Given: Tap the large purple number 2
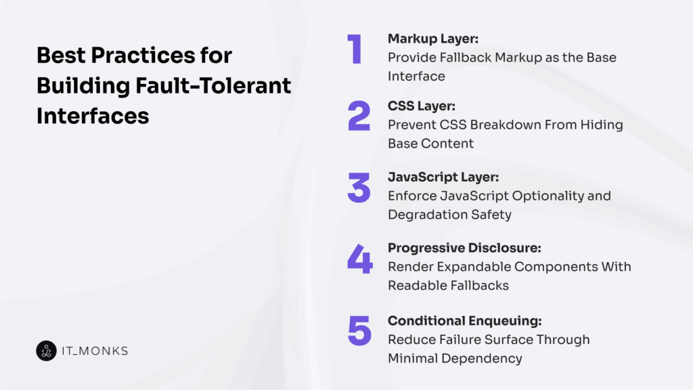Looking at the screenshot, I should coord(359,116).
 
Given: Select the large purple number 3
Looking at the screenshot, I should coord(359,188).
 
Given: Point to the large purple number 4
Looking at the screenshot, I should coord(359,259).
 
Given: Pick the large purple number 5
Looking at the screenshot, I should coord(359,330).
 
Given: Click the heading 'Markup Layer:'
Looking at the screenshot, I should coord(433,39).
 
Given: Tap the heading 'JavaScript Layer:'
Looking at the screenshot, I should coord(443,177).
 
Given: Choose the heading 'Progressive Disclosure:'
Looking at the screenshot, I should coord(464,248).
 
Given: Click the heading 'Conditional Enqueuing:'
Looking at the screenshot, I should coord(464,320).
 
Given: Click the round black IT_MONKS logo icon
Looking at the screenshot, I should coord(46,351).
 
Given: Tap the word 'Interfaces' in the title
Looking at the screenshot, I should coord(93,115).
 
